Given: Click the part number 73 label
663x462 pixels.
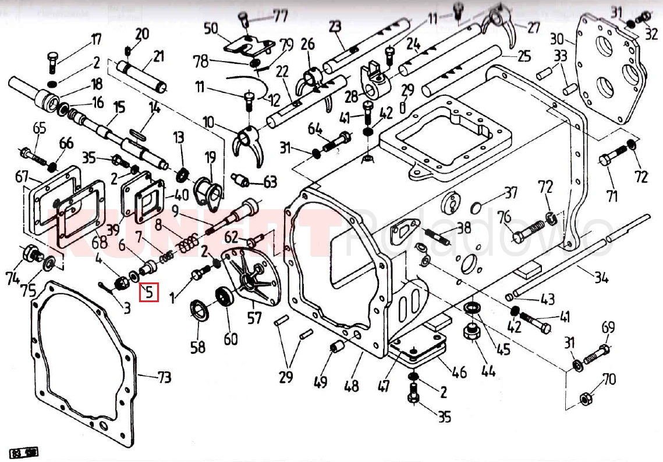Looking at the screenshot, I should (x=164, y=377).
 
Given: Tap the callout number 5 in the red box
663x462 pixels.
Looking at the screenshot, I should (x=149, y=291).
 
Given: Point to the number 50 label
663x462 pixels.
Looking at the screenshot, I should (x=210, y=28).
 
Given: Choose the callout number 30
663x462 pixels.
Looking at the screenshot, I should (x=557, y=39).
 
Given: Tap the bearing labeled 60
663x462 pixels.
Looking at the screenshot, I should (x=224, y=297).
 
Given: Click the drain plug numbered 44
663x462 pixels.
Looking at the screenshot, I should (x=470, y=335).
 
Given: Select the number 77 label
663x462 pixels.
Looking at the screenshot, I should (x=281, y=15).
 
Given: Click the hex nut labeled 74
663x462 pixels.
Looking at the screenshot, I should (x=30, y=253).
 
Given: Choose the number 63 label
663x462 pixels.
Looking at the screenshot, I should (x=270, y=182).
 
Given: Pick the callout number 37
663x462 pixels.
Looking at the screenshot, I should (x=510, y=192).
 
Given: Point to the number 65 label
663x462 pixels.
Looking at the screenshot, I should (x=39, y=128).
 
